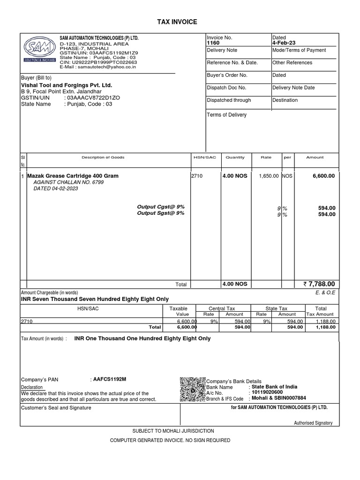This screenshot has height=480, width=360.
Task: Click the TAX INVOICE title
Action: click(180, 22)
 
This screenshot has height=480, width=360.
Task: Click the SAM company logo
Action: click(39, 49)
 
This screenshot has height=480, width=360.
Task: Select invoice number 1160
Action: click(213, 43)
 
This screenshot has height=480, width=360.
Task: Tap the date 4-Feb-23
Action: click(284, 43)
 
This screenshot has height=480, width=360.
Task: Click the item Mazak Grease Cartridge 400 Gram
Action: click(73, 176)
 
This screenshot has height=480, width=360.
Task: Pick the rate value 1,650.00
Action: click(269, 176)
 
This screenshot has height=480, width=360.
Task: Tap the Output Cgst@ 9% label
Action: click(160, 207)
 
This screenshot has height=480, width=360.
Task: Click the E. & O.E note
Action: click(326, 292)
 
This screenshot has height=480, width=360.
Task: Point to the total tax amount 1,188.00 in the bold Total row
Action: click(325, 327)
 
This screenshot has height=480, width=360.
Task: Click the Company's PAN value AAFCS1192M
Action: click(110, 380)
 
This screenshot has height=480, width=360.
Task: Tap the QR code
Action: click(193, 390)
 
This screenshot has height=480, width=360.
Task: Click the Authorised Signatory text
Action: click(313, 423)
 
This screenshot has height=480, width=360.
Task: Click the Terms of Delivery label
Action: click(226, 115)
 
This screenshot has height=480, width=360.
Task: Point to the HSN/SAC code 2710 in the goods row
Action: click(196, 176)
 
